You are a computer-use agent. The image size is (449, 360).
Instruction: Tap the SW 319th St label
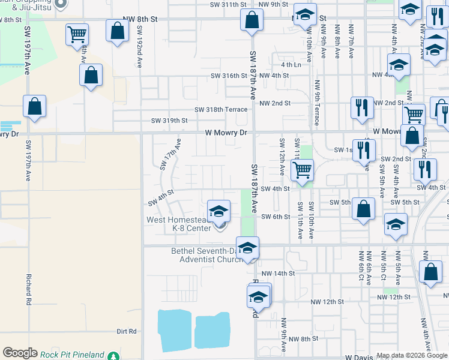[169, 121]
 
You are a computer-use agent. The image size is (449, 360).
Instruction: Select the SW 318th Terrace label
[221, 110]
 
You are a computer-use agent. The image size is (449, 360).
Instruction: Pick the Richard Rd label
[28, 290]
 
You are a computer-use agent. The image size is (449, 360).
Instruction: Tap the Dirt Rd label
[127, 331]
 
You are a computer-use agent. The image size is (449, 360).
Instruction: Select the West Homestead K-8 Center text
[178, 224]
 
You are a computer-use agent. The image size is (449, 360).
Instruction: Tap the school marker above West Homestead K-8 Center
[218, 211]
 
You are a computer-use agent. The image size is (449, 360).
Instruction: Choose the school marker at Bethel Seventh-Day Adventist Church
[247, 248]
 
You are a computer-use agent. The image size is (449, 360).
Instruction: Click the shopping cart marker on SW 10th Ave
[303, 170]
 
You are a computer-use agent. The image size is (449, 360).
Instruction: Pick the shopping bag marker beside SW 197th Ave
[35, 106]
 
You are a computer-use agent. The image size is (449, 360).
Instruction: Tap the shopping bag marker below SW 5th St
[363, 209]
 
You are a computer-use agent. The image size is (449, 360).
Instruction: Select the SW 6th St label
[278, 217]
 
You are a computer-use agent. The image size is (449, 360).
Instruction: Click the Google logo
[20, 353]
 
